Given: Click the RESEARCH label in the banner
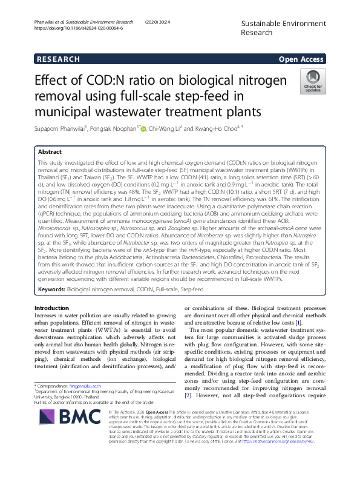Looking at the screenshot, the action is point(57,59).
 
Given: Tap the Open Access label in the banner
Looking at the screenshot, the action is point(300,59).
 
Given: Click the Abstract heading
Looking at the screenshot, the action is point(50,152).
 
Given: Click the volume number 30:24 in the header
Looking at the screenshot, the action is point(169,22).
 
